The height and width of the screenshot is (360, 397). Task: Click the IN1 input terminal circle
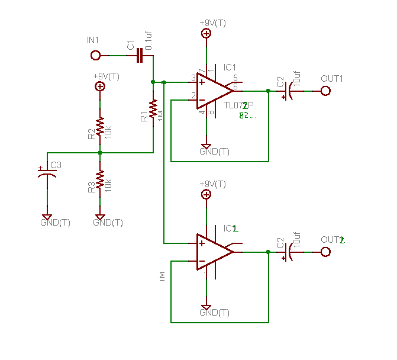(x=95, y=56)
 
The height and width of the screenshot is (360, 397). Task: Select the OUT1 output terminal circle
(x=325, y=91)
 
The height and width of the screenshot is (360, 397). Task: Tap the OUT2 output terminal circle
(x=325, y=252)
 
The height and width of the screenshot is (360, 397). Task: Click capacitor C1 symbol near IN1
(x=140, y=56)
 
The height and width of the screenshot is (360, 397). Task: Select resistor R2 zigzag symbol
(x=100, y=126)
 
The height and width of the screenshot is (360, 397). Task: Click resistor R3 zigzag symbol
(x=100, y=179)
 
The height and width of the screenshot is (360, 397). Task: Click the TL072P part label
(x=238, y=105)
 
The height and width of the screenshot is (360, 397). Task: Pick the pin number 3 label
(x=193, y=78)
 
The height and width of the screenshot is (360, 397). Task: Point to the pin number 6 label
(x=235, y=86)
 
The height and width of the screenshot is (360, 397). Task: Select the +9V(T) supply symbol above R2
(x=100, y=86)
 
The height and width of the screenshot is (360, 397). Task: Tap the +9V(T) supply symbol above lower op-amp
(x=206, y=194)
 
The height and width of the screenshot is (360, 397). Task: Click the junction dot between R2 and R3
(x=100, y=153)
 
